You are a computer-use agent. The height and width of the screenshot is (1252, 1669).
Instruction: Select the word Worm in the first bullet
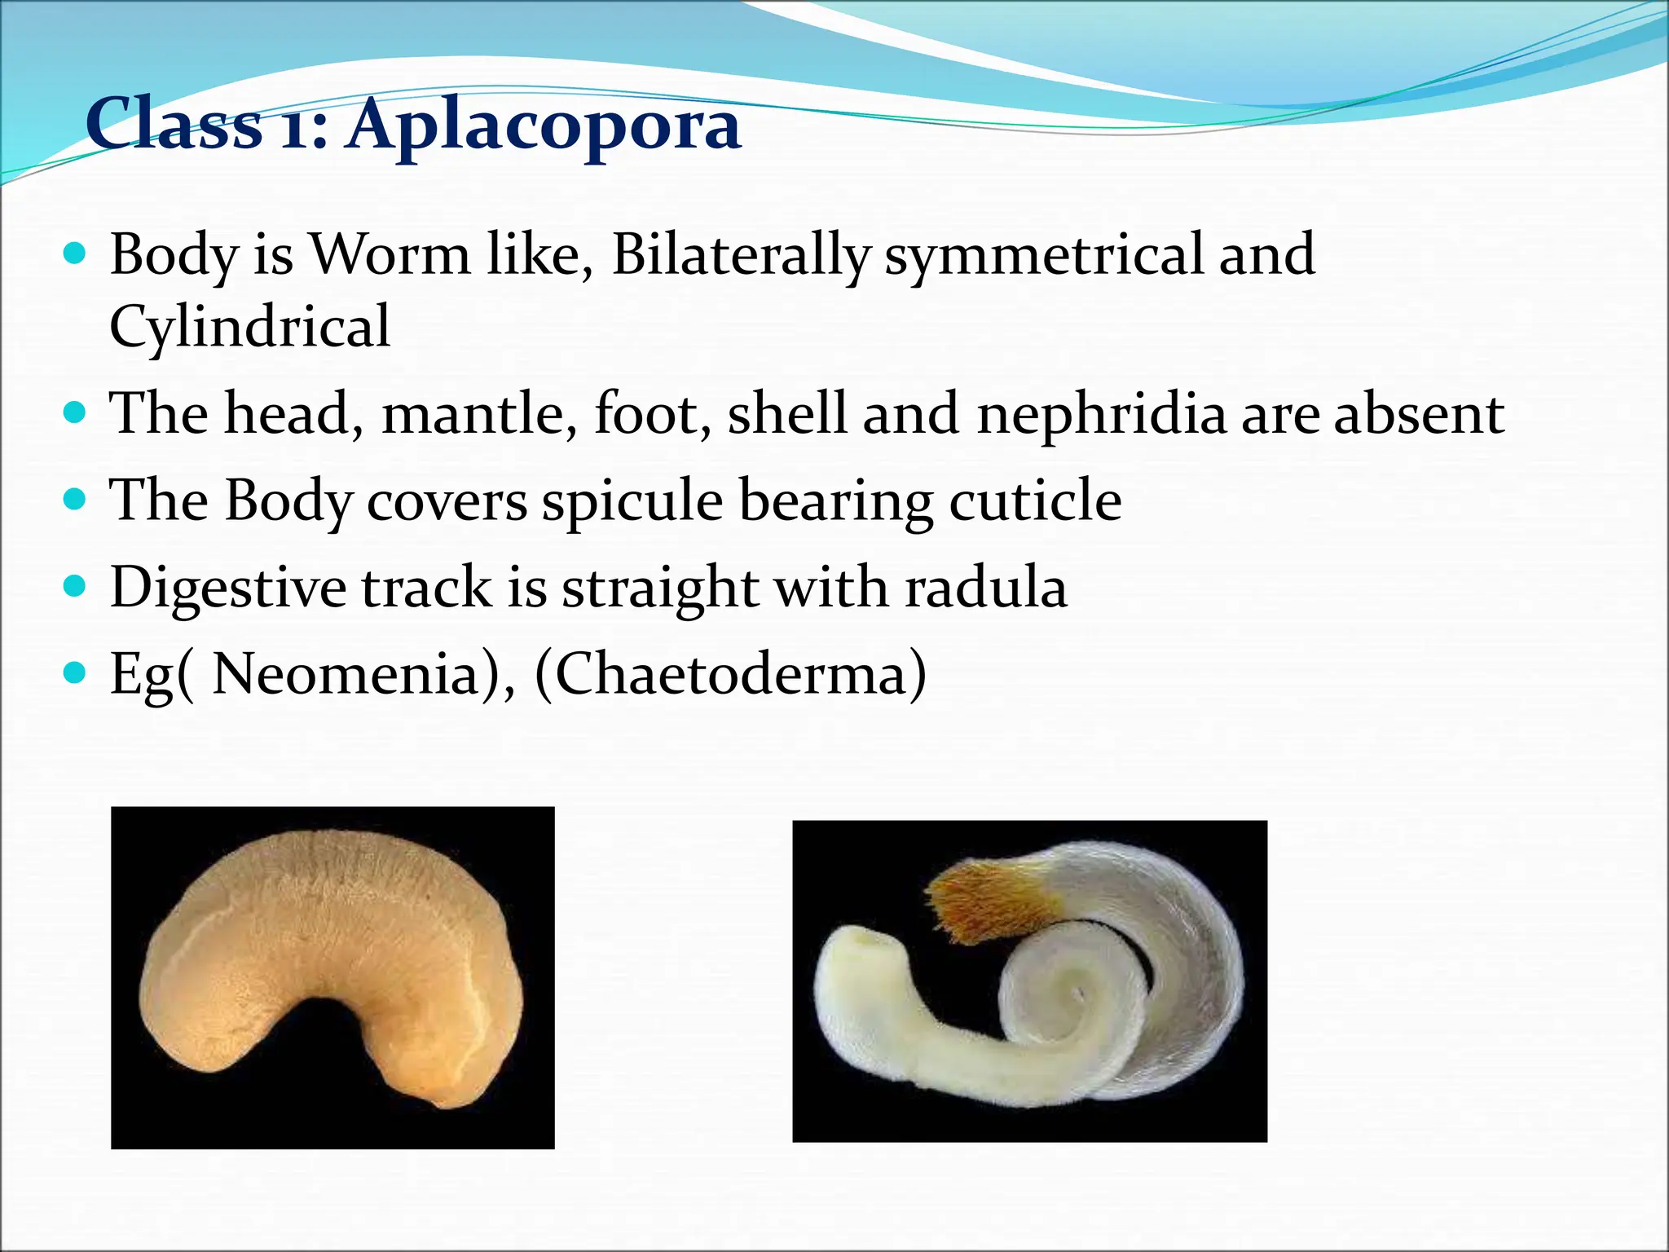(x=391, y=253)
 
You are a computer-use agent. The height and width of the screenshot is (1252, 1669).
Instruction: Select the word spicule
(x=632, y=501)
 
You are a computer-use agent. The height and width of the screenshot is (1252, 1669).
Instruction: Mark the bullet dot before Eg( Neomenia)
(x=74, y=672)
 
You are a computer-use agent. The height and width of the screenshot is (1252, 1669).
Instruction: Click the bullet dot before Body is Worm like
(x=74, y=254)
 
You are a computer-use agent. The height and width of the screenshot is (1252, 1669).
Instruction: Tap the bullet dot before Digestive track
(x=74, y=585)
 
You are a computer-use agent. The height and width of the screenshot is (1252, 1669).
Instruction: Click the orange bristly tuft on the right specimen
(x=986, y=902)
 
